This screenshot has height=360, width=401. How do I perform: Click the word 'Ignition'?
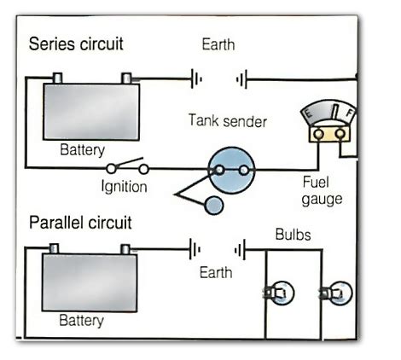tap(124, 186)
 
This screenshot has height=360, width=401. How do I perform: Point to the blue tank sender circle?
tap(231, 170)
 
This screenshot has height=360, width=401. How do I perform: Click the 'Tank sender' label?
tap(229, 122)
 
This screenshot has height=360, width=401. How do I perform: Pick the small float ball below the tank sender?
tap(214, 205)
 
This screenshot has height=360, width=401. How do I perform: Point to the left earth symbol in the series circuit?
tap(195, 80)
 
